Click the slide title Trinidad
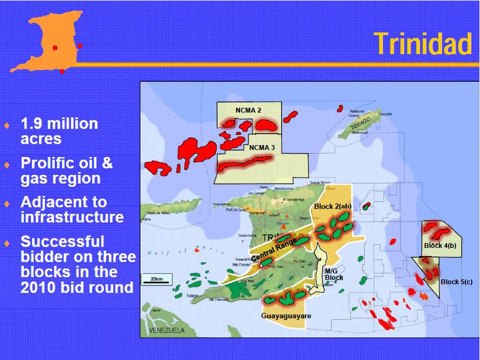(423, 43)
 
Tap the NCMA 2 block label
(248, 110)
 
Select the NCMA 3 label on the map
(262, 147)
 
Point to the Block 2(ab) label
(333, 207)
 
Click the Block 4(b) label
(440, 246)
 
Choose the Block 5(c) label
(456, 282)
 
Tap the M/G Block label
(334, 274)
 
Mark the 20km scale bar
(157, 279)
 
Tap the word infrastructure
(72, 217)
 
